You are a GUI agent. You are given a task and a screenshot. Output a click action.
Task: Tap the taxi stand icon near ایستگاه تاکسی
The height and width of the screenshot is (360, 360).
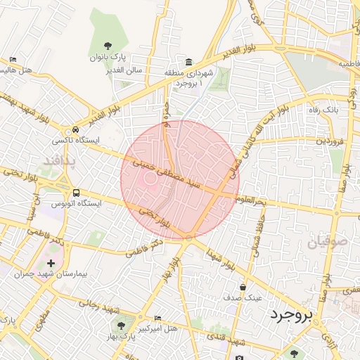pyautogui.click(x=75, y=130)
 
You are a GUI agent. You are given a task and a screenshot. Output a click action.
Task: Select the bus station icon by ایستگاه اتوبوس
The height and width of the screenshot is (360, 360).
pyautogui.click(x=75, y=193)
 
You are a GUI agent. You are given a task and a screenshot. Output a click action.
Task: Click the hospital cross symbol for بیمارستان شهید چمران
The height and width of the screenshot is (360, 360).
pyautogui.click(x=51, y=263)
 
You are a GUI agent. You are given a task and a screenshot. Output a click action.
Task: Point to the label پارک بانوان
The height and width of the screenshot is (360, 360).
pyautogui.click(x=106, y=56)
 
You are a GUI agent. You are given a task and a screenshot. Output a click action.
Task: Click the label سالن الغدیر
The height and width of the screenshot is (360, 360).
pyautogui.click(x=124, y=70)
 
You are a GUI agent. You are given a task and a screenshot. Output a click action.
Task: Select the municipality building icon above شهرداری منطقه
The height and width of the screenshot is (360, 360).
pyautogui.click(x=189, y=62)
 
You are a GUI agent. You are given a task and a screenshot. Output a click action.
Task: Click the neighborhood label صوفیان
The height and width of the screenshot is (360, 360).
pyautogui.click(x=327, y=243)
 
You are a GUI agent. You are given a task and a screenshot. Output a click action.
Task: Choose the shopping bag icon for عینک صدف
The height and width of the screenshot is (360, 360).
pyautogui.click(x=243, y=287)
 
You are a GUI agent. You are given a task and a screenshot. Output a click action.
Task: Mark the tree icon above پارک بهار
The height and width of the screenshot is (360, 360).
pyautogui.click(x=121, y=326)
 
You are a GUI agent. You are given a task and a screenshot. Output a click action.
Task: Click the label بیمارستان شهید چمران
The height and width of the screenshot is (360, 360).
pyautogui.click(x=44, y=274)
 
